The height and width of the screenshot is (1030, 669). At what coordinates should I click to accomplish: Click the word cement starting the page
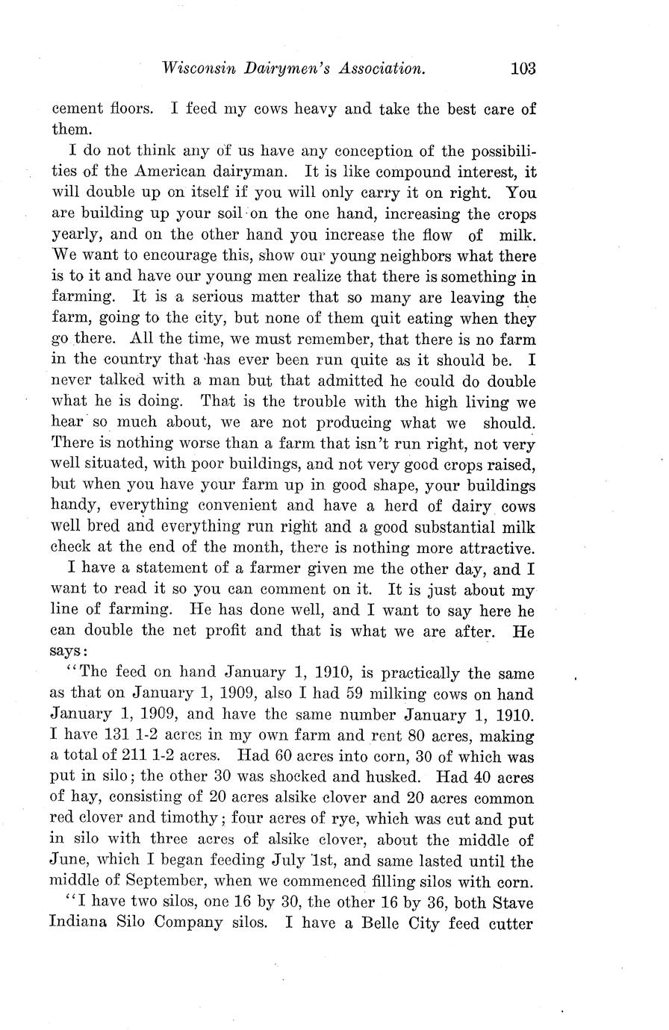[x=76, y=109]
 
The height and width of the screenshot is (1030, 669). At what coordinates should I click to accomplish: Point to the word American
[x=169, y=171]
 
